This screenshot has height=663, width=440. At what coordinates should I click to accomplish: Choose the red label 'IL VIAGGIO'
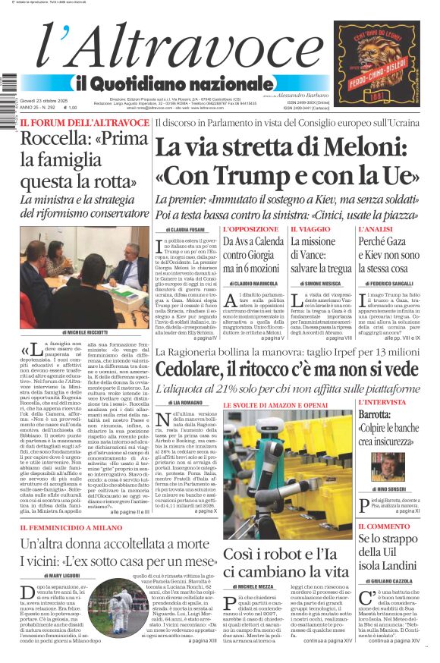point(310,228)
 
